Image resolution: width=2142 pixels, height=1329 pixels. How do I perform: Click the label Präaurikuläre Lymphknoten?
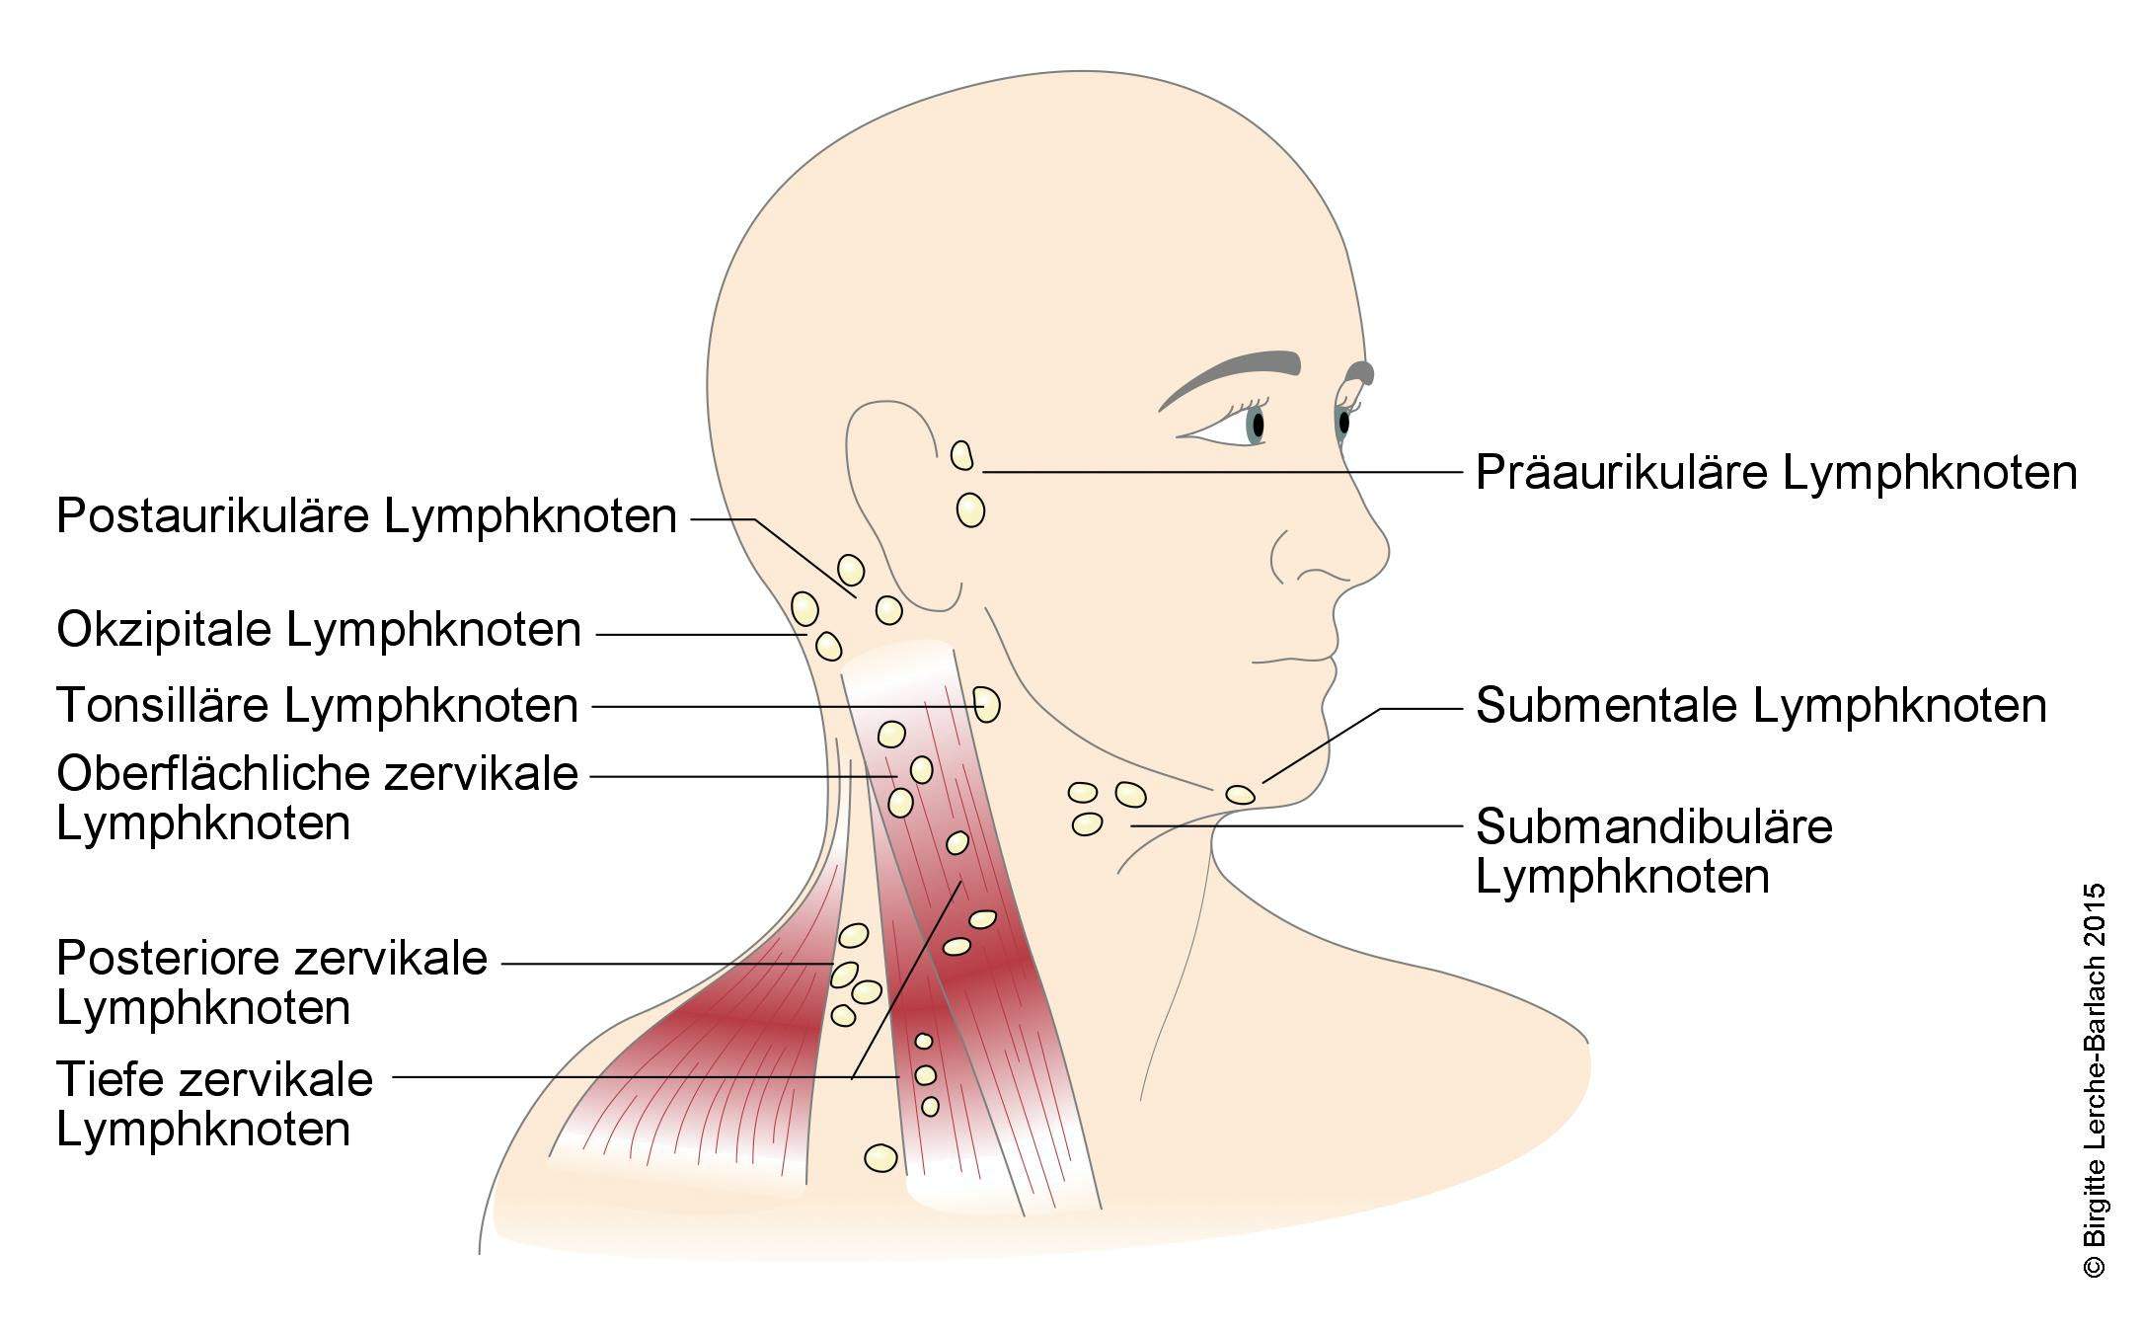[1776, 473]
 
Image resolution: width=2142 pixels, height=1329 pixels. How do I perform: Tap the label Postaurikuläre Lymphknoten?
[366, 516]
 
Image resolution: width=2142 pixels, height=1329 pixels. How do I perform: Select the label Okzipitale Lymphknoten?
[319, 630]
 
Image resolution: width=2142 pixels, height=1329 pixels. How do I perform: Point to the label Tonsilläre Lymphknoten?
[317, 706]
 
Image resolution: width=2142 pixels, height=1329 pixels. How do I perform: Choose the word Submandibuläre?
[1653, 825]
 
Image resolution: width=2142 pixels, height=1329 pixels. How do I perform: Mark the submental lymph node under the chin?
[1240, 794]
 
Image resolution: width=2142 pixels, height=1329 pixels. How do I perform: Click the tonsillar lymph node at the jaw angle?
[986, 705]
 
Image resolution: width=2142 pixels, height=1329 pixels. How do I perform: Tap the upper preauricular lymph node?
[961, 455]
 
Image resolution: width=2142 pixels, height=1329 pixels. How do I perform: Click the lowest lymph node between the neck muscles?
[880, 1157]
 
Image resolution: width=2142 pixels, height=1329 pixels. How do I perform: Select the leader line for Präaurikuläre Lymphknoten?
[1222, 473]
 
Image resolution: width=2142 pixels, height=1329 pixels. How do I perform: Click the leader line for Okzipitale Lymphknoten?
[701, 634]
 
